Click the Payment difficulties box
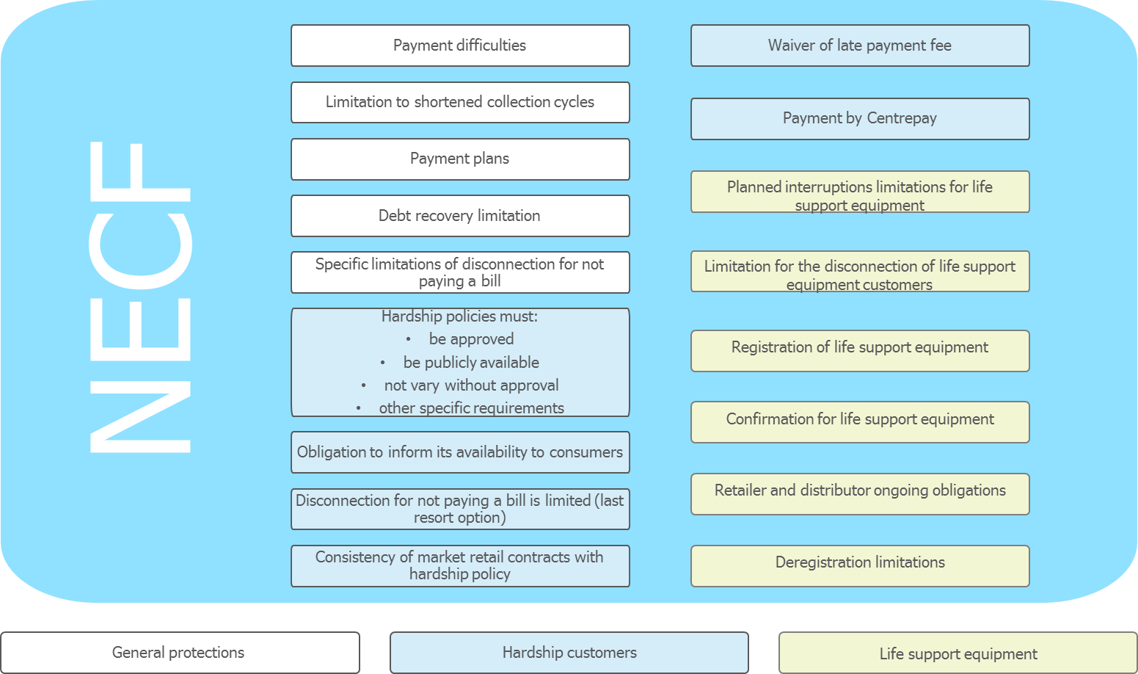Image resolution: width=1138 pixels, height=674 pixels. point(460,46)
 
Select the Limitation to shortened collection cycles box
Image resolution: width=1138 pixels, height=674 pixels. point(460,102)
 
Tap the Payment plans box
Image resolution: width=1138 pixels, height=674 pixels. point(460,159)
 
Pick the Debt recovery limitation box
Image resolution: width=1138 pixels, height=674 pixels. point(460,216)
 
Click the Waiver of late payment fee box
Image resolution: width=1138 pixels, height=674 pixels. point(860,46)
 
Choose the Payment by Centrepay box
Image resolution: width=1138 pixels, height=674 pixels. point(860,118)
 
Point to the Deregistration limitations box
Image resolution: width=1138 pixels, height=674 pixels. point(860,566)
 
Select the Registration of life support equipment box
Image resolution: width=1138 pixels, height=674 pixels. point(860,351)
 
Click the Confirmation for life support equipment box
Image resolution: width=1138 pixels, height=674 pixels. point(860,422)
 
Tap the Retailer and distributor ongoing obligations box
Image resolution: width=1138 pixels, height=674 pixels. point(860,494)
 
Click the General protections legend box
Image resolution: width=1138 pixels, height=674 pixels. point(180,653)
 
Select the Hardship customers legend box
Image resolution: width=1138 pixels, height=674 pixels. point(569,653)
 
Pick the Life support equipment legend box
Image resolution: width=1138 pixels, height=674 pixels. point(958,653)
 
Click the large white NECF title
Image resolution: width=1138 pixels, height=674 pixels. point(140,297)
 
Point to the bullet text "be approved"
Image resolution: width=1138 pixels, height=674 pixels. point(472,339)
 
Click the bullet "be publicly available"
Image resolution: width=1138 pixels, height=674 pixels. point(472,363)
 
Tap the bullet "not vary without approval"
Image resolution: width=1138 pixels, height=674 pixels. point(472,385)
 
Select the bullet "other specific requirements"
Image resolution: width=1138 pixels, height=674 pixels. point(472,408)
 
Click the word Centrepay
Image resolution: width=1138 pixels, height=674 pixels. point(902,118)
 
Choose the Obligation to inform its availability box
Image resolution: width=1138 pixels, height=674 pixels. point(460,452)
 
